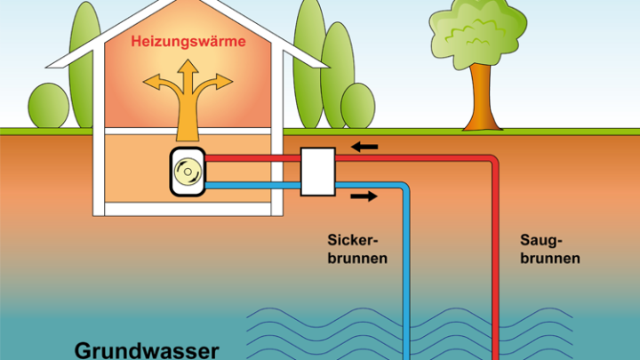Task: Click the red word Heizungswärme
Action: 188,42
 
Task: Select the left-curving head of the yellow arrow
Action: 153,85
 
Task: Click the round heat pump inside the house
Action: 188,171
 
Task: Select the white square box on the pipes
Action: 317,172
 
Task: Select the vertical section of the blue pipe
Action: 408,276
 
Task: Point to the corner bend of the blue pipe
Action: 405,188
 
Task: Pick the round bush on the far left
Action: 49,107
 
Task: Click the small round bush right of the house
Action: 357,106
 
